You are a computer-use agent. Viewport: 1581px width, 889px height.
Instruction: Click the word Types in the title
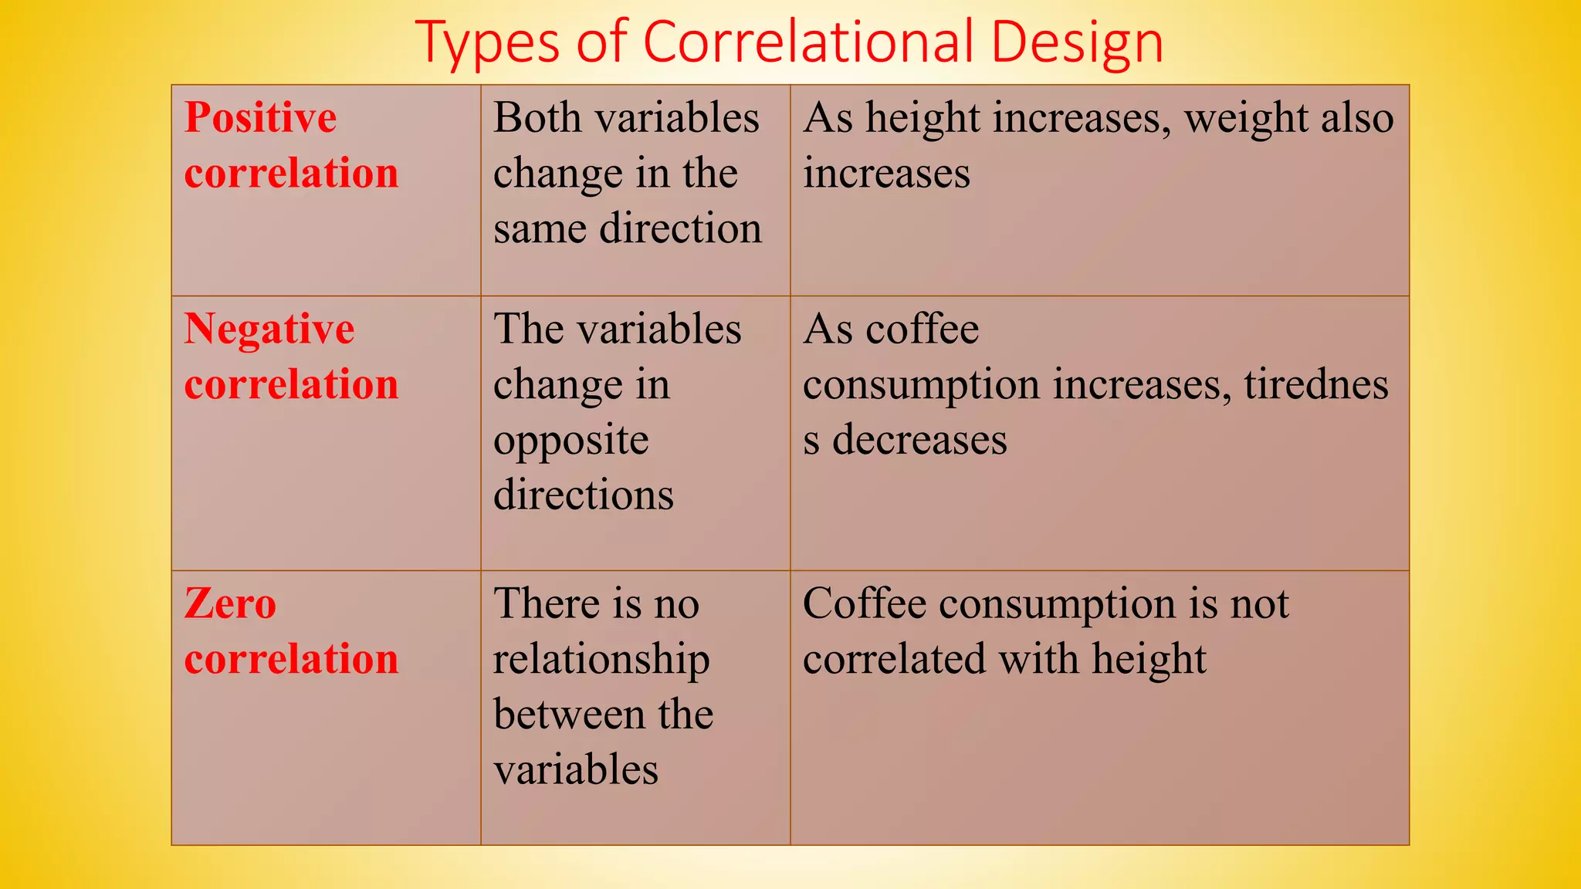tap(487, 44)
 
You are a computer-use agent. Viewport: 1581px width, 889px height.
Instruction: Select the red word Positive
tap(261, 119)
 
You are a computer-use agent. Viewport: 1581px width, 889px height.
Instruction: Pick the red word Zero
tap(230, 603)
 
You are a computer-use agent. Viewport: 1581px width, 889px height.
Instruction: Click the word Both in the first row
tap(537, 118)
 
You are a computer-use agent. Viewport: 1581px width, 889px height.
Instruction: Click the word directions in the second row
tap(584, 495)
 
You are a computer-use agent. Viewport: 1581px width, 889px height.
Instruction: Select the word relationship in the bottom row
tap(601, 661)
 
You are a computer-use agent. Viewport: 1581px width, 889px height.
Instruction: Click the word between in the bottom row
tap(570, 715)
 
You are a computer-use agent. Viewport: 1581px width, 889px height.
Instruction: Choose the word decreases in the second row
tap(919, 441)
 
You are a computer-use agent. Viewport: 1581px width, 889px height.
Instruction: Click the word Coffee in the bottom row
tap(865, 603)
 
